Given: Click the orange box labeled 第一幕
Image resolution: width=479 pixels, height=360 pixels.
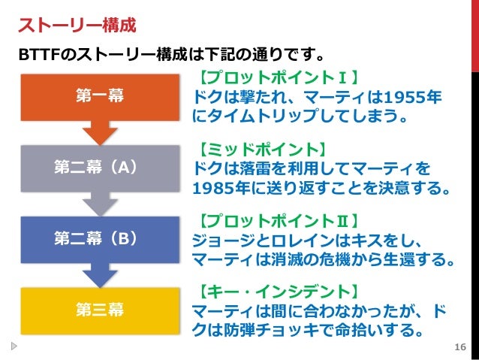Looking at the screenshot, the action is pyautogui.click(x=100, y=95).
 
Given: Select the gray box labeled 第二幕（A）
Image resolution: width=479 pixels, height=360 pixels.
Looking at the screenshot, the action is pyautogui.click(x=100, y=167).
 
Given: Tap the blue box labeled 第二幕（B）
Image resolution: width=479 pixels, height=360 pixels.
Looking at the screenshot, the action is pyautogui.click(x=100, y=238).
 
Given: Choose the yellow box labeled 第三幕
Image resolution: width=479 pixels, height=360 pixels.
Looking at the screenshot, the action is pyautogui.click(x=100, y=309).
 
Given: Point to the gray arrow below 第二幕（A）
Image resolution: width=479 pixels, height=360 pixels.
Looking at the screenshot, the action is pyautogui.click(x=100, y=204).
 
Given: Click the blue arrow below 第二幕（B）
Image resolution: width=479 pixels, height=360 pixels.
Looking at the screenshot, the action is pyautogui.click(x=100, y=275).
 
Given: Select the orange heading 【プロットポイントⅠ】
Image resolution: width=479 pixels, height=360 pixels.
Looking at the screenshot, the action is pyautogui.click(x=277, y=78).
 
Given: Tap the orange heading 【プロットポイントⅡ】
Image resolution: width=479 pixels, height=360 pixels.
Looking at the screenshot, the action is pyautogui.click(x=277, y=220).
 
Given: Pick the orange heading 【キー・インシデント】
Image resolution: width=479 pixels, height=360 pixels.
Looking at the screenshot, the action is pyautogui.click(x=277, y=291).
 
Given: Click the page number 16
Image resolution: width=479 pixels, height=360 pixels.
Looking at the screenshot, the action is pyautogui.click(x=460, y=346).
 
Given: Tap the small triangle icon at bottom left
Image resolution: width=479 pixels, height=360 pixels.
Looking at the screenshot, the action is pyautogui.click(x=15, y=346).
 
